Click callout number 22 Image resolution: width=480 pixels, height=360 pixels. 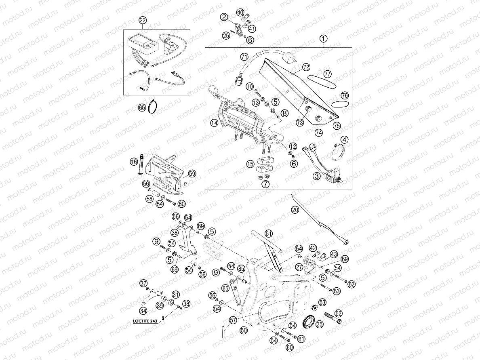point(142,20)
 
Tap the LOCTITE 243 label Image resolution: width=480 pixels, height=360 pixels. point(146,322)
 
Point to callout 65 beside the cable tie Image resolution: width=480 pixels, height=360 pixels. point(142,108)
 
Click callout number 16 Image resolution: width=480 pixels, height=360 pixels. point(134,162)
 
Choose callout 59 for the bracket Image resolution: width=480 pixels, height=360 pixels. point(192,173)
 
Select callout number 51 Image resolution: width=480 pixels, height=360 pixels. point(269,234)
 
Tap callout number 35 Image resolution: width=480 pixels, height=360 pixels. point(319,324)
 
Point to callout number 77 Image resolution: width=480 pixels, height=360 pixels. point(327,74)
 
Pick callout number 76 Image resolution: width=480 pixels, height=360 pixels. point(344,96)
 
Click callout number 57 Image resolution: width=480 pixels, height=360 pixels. point(233,320)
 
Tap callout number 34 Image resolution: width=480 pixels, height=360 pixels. point(143,311)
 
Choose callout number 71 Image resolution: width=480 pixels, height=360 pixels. point(244,57)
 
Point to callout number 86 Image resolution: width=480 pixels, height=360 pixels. point(225,288)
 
